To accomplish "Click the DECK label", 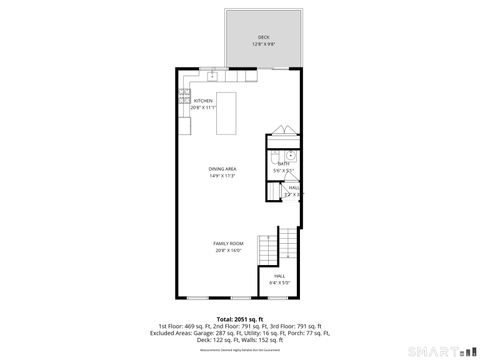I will (x=264, y=37).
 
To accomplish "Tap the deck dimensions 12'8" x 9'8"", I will (x=264, y=44).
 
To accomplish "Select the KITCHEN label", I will (x=203, y=101).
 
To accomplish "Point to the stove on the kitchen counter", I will (x=185, y=97).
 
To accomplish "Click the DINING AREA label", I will (x=222, y=169).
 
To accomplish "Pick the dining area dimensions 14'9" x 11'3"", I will (x=222, y=176).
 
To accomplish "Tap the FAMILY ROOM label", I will (x=228, y=243).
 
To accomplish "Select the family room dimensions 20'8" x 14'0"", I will (x=228, y=250).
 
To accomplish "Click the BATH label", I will (x=283, y=164).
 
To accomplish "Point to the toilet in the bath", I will (x=289, y=155).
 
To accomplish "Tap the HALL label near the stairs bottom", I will (x=280, y=276).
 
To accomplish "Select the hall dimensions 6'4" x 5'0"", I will (x=280, y=283).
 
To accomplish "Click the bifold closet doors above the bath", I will (x=283, y=132).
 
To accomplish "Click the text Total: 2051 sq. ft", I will (x=240, y=319).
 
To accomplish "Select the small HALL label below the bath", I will (x=293, y=187).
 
